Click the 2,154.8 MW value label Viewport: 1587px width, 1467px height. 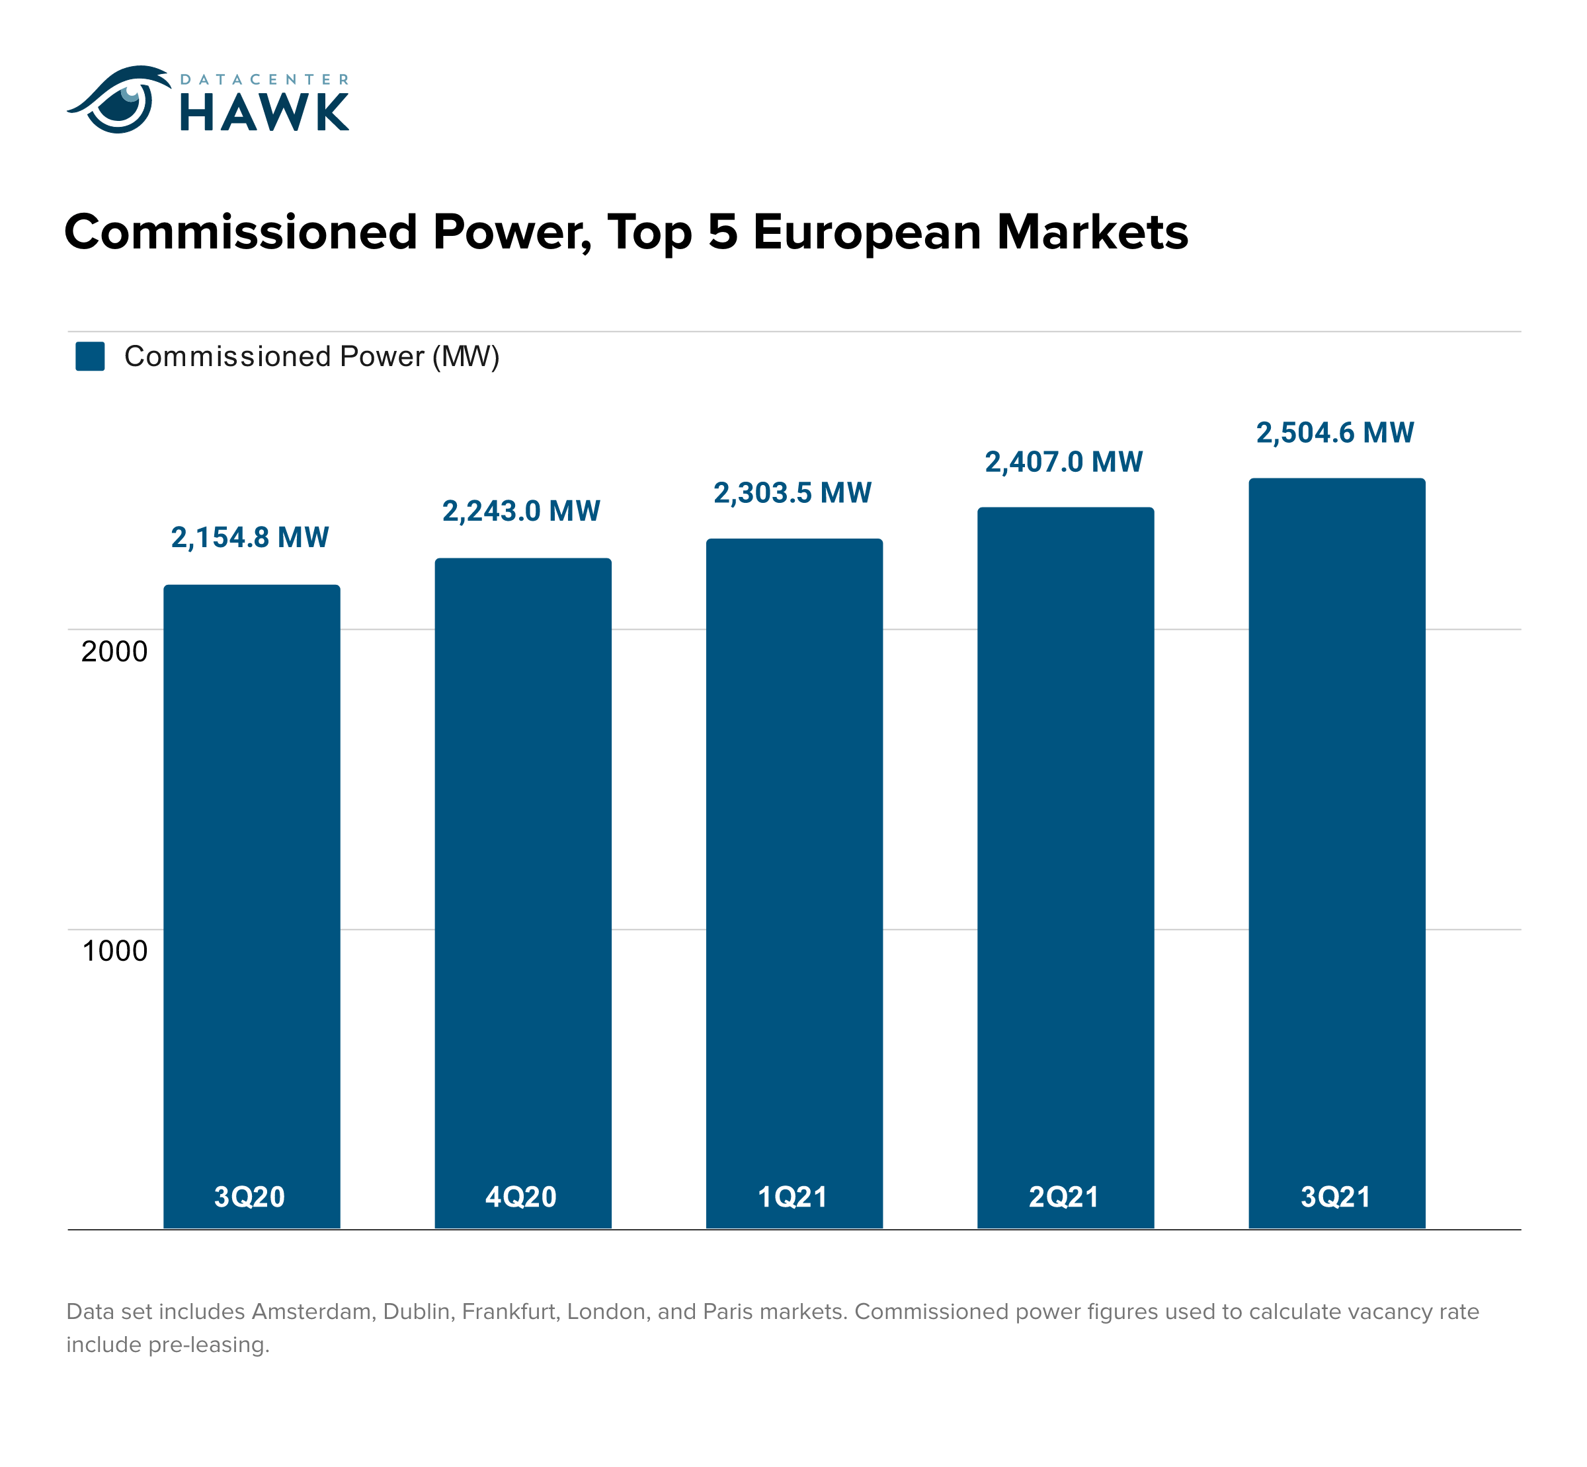249,537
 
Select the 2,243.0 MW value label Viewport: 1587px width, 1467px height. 521,510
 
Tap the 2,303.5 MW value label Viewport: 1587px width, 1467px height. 792,493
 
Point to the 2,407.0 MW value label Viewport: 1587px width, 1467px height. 1063,462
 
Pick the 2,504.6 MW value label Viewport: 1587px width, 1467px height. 1334,433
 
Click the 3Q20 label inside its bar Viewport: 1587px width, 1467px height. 249,1196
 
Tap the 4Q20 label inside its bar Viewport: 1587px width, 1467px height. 521,1196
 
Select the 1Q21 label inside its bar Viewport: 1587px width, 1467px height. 792,1196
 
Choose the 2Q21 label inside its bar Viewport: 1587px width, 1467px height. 1063,1196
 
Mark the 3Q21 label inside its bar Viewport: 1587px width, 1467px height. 1335,1196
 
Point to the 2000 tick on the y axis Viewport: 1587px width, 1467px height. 114,651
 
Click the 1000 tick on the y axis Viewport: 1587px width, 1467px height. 114,950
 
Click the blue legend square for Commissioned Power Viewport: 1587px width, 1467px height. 90,356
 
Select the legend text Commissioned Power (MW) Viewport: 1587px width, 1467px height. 311,356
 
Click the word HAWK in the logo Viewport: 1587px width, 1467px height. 264,113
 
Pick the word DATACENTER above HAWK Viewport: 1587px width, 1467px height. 264,79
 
